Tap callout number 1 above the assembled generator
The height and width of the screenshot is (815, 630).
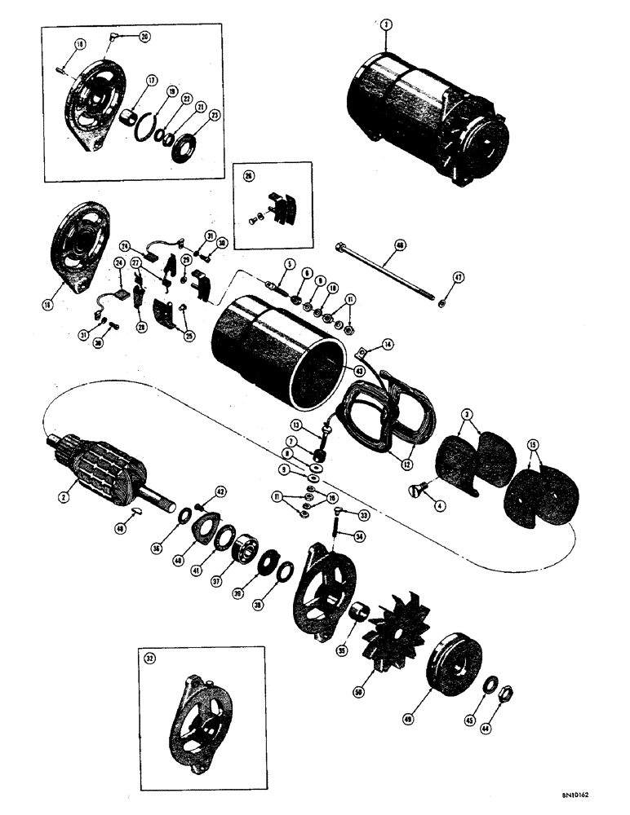point(384,25)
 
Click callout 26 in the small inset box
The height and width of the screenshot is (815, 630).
point(247,174)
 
